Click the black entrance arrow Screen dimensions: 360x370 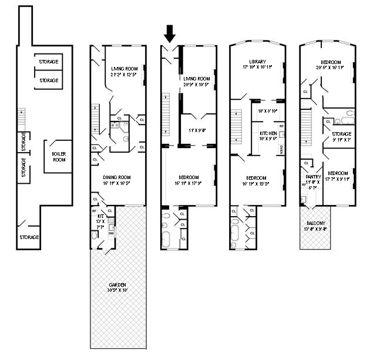click(170, 33)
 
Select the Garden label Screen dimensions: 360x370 click(117, 285)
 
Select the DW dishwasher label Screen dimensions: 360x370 click(111, 233)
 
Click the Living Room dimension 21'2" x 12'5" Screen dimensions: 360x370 click(123, 75)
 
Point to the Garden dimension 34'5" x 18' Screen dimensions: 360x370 click(117, 291)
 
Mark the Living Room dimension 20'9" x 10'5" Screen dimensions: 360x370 click(196, 85)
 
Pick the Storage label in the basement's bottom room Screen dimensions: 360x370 click(29, 237)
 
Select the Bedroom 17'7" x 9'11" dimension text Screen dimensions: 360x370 click(337, 180)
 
